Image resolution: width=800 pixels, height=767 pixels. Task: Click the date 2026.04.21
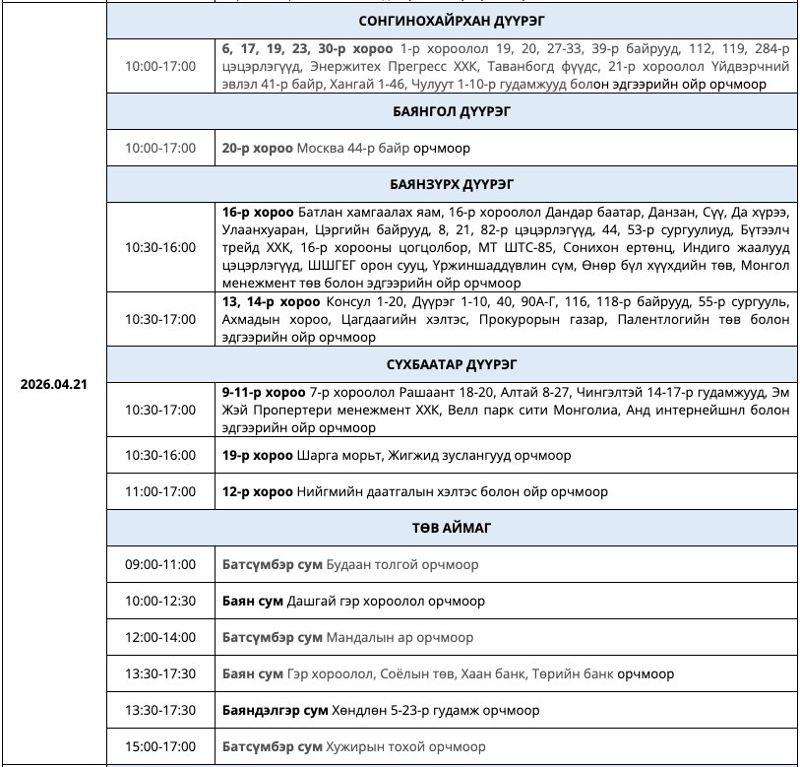click(54, 384)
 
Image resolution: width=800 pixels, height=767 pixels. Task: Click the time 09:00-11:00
click(160, 565)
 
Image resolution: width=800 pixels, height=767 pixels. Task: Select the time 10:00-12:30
click(160, 601)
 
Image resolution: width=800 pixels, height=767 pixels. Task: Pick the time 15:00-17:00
click(160, 745)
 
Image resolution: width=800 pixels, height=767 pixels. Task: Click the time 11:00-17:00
click(160, 491)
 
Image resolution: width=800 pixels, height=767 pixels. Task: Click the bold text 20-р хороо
click(257, 149)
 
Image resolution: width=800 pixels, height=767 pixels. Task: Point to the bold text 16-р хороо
click(257, 213)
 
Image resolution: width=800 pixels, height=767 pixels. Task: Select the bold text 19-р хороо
click(257, 456)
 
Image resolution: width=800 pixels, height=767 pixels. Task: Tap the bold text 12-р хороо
click(257, 491)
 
